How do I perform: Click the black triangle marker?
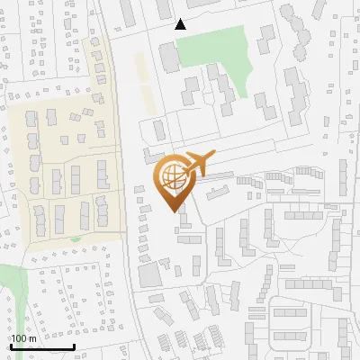coord(181,24)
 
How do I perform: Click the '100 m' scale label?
coord(23,337)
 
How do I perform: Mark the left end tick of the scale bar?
coord(10,346)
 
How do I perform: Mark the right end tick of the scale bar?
coord(73,346)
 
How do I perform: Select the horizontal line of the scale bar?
coord(41,347)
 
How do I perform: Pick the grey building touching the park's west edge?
coord(168,57)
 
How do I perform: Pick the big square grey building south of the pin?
coord(148,274)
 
